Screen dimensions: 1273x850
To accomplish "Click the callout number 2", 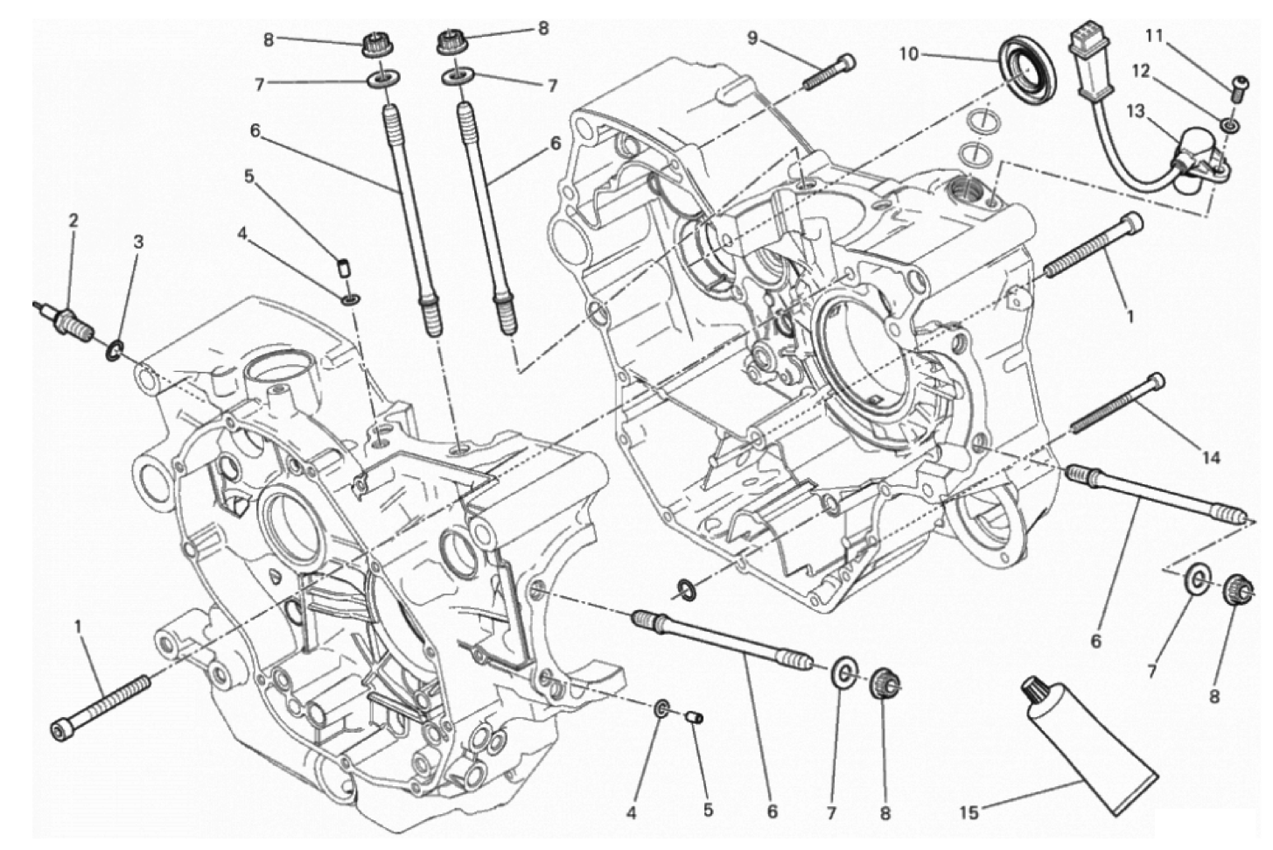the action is click(73, 221).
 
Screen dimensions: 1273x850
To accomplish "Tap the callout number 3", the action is click(138, 242).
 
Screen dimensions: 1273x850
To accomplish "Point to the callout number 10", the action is click(909, 54).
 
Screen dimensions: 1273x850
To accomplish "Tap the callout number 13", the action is click(1136, 111).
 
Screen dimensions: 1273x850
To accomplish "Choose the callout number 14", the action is click(1211, 457).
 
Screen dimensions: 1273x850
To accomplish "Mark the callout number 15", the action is click(970, 813).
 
